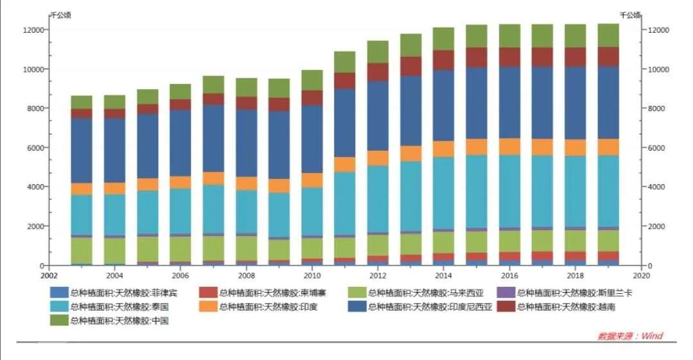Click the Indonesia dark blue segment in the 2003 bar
[81, 150]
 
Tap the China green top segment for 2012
[377, 51]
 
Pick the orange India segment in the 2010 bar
[312, 180]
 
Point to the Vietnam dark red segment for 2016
[509, 56]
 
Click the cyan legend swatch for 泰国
[59, 307]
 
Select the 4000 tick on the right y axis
[660, 187]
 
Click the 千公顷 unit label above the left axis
[60, 14]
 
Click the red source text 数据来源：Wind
[629, 336]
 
